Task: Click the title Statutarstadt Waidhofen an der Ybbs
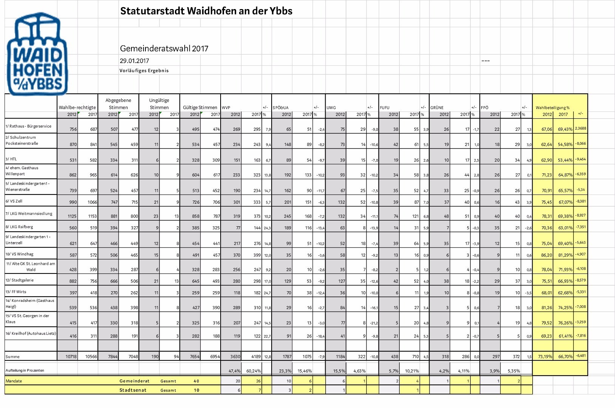[206, 11]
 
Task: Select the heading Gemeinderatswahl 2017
[164, 49]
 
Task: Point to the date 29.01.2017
[134, 61]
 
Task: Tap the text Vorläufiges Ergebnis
[144, 71]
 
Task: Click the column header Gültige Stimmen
[200, 108]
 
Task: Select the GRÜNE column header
[437, 108]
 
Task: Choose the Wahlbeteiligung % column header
[552, 108]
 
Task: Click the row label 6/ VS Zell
[14, 201]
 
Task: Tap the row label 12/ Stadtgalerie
[20, 280]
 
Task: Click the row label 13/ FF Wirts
[16, 292]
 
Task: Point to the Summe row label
[12, 357]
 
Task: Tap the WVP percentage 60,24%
[253, 371]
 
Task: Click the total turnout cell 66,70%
[565, 357]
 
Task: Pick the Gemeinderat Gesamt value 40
[196, 381]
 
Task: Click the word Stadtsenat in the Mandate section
[133, 390]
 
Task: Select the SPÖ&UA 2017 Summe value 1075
[306, 357]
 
